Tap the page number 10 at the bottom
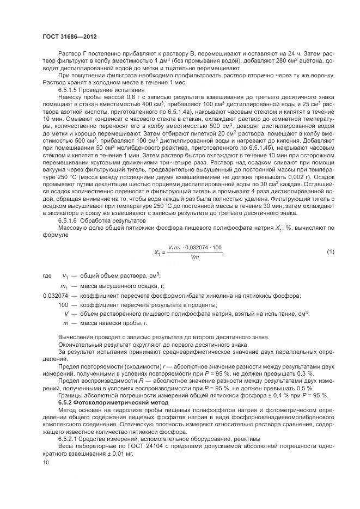[x=46, y=463]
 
